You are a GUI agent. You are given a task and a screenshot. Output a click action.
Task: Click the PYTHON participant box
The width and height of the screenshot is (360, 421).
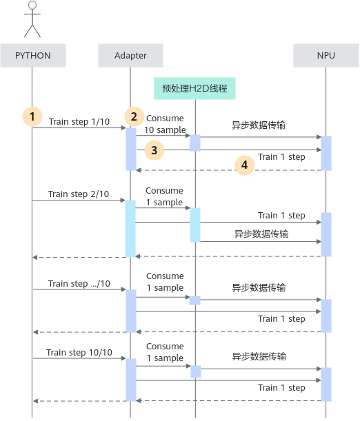point(33,55)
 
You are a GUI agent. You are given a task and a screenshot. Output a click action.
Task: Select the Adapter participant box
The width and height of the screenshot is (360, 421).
point(130,55)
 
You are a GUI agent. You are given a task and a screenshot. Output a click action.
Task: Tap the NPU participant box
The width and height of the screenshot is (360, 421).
point(326,55)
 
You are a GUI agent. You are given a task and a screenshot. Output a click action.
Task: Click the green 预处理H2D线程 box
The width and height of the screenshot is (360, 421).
point(194,88)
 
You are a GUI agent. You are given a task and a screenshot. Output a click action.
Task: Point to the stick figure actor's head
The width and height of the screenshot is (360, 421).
point(32,6)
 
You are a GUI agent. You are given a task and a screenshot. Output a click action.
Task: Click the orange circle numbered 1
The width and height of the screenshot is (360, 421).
point(32,116)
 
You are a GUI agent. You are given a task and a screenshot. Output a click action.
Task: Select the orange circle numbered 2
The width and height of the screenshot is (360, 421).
point(134,116)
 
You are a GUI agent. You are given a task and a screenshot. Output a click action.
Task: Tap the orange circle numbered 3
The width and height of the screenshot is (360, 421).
point(154,150)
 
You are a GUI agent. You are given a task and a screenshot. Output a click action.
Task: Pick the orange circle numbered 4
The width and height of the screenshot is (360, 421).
point(244,165)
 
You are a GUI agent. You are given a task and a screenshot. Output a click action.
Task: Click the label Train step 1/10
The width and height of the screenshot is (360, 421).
point(79,122)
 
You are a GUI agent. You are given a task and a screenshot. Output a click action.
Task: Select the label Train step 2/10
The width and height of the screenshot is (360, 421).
point(79,194)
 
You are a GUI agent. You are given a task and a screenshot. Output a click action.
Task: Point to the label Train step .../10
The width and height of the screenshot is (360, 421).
point(79,283)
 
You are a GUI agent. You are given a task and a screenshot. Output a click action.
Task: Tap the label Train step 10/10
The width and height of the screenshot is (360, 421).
point(79,352)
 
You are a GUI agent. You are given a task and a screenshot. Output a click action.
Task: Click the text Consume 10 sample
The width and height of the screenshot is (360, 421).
point(165,124)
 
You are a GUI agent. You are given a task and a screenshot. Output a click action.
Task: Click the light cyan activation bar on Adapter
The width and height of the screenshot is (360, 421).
point(130,229)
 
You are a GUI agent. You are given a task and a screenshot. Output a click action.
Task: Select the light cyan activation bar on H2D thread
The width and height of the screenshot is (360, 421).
point(195,225)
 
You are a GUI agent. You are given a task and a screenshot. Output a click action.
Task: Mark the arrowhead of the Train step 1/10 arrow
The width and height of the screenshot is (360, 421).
point(124,127)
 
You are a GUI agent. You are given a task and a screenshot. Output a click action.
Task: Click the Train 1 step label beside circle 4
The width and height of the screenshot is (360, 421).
point(281,157)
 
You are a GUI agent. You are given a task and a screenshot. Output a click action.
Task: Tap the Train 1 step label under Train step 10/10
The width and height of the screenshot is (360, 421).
point(281,388)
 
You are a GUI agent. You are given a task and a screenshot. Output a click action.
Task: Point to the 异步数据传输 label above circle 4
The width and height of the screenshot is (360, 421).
point(259,125)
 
